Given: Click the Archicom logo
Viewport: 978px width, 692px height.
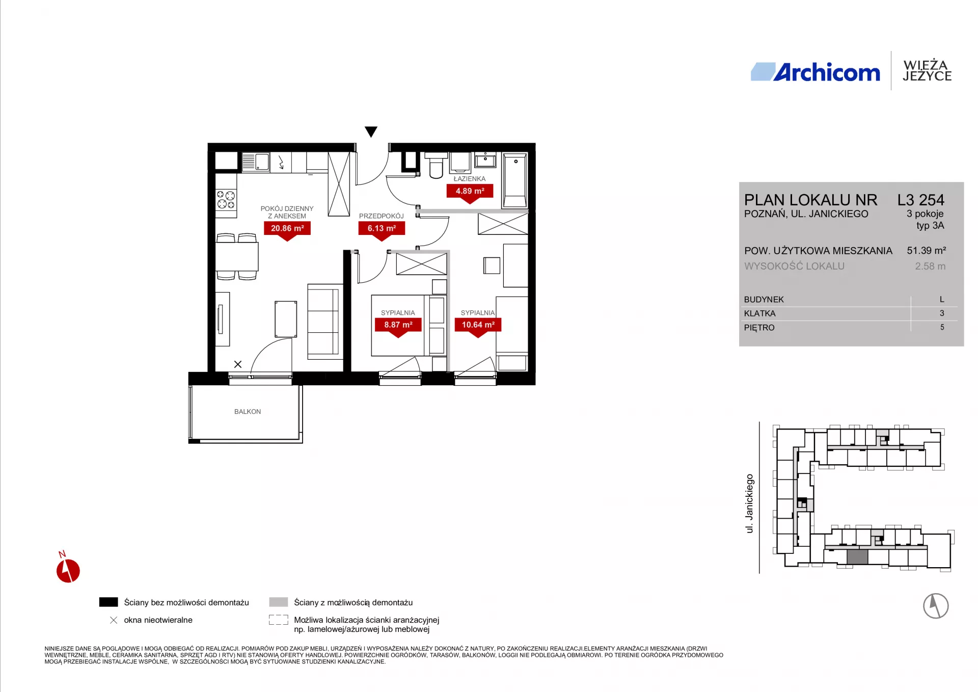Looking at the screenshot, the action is pyautogui.click(x=815, y=72).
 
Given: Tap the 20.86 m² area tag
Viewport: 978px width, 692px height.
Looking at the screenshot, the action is pyautogui.click(x=287, y=229).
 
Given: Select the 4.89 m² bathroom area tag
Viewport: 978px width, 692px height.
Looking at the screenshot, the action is pyautogui.click(x=470, y=192).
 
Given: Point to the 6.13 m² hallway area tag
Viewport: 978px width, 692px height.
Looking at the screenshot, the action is pyautogui.click(x=382, y=229).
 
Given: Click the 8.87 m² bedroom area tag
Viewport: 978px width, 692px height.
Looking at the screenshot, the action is pyautogui.click(x=398, y=325).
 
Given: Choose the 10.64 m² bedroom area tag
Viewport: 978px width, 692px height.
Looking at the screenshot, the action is pyautogui.click(x=478, y=325).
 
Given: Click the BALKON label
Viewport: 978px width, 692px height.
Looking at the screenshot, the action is pyautogui.click(x=248, y=412).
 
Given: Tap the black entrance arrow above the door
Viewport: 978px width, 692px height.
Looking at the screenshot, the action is pyautogui.click(x=371, y=132).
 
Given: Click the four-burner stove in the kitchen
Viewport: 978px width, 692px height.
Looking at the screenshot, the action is pyautogui.click(x=226, y=200).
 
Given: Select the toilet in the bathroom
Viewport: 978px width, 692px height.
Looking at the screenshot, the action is pyautogui.click(x=436, y=165).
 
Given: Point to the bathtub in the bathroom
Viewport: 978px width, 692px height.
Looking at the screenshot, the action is pyautogui.click(x=514, y=180).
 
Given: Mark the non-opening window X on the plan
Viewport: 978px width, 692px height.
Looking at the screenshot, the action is pyautogui.click(x=238, y=364).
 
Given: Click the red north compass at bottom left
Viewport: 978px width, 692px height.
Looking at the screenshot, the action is pyautogui.click(x=68, y=569).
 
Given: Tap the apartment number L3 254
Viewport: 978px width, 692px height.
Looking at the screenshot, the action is pyautogui.click(x=920, y=200).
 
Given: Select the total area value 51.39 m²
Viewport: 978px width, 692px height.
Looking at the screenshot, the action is pyautogui.click(x=926, y=251).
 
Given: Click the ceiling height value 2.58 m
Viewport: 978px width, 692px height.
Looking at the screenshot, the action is pyautogui.click(x=930, y=267).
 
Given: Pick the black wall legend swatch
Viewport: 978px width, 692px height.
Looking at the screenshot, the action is pyautogui.click(x=108, y=602).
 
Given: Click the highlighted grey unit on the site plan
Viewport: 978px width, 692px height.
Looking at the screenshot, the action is pyautogui.click(x=857, y=556).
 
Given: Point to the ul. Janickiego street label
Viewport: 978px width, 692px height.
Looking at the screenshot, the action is pyautogui.click(x=749, y=503).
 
